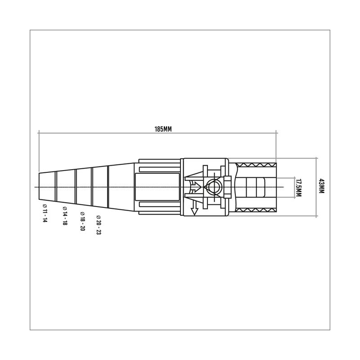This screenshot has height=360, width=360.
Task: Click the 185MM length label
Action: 163,129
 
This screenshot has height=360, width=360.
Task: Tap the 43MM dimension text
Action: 321,186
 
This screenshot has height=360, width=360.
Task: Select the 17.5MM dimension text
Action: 299,188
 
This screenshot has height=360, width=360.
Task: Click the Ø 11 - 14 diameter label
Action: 45,213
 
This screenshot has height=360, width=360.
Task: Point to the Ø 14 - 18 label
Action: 65,216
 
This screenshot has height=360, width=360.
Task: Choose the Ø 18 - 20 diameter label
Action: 82,221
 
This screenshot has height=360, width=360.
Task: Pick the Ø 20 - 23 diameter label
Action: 99,225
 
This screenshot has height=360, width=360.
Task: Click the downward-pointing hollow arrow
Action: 194,208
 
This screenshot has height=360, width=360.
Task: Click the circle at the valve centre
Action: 214,187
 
